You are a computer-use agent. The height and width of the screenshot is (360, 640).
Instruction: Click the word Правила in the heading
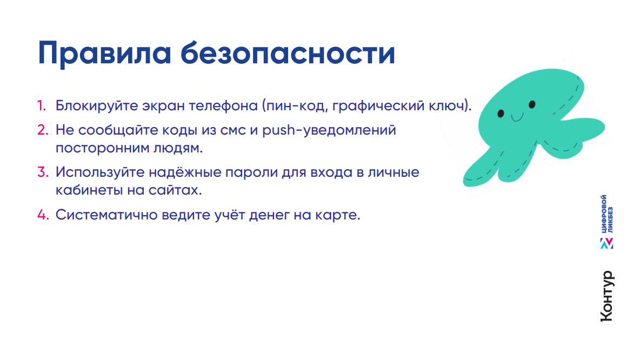click(x=104, y=54)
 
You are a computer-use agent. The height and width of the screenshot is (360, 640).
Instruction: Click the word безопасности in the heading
click(x=288, y=52)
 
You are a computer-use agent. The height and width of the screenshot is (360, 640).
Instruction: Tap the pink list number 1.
click(x=42, y=106)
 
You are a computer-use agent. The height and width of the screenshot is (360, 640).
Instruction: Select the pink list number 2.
click(x=43, y=130)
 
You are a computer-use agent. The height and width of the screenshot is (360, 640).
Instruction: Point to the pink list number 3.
click(x=43, y=172)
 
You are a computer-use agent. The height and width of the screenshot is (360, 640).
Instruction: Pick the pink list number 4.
click(x=43, y=214)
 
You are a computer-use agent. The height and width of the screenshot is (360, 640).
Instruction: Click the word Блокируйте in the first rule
click(x=97, y=106)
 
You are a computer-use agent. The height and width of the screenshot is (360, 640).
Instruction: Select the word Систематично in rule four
click(x=106, y=215)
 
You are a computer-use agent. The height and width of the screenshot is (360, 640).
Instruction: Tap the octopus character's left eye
click(x=501, y=114)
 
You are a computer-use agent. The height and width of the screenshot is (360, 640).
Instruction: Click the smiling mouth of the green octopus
click(x=517, y=118)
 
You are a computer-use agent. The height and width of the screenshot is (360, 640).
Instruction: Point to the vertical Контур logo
click(x=607, y=296)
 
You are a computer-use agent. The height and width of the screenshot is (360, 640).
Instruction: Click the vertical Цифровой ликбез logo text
click(x=606, y=214)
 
